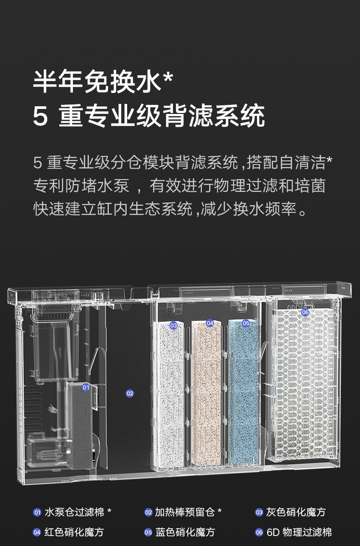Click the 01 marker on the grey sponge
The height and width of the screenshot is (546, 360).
tap(86, 387)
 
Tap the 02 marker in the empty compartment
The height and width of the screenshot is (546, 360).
tap(130, 393)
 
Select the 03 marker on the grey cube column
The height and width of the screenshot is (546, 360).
tap(173, 325)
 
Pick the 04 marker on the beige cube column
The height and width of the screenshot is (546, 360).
tap(210, 323)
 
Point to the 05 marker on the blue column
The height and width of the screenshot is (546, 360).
tap(246, 323)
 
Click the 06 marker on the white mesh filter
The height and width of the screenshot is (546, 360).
tap(305, 312)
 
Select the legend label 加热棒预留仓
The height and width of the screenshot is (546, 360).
tap(185, 512)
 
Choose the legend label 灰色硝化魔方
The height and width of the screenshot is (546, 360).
tap(296, 512)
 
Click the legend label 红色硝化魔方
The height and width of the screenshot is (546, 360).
tap(74, 532)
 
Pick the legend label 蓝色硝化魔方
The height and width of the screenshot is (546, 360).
tap(185, 532)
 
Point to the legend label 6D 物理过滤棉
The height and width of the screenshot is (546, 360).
tap(299, 532)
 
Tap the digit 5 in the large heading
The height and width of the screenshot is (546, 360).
tap(40, 117)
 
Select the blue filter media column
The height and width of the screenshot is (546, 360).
tap(243, 392)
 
